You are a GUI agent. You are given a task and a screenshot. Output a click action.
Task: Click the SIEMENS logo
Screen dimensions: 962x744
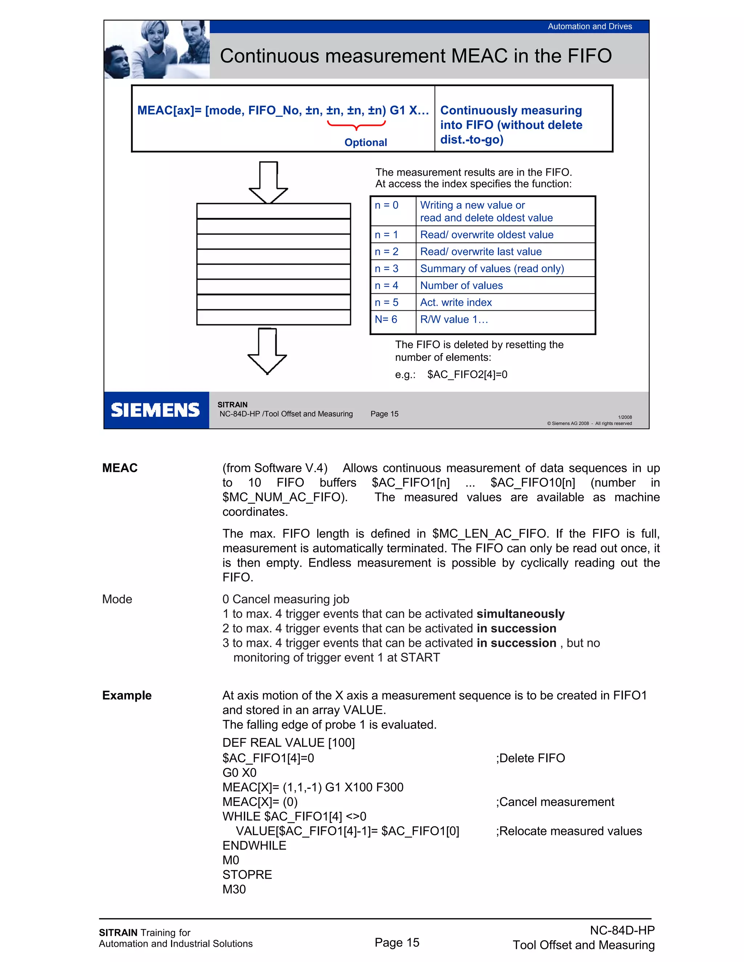click(155, 410)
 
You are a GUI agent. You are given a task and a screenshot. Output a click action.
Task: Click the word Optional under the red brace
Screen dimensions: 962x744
click(365, 142)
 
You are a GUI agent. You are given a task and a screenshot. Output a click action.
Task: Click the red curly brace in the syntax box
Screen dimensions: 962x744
click(356, 125)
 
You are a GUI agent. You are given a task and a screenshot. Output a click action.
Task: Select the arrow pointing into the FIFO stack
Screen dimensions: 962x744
click(268, 182)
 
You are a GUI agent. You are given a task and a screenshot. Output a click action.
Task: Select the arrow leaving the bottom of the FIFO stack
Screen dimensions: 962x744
click(267, 351)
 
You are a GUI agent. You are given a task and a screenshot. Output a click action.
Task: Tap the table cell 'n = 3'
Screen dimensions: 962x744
click(387, 268)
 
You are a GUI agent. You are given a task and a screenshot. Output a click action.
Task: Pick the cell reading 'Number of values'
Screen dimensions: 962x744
click(461, 285)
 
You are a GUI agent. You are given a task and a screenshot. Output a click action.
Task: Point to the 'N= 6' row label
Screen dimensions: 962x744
click(386, 319)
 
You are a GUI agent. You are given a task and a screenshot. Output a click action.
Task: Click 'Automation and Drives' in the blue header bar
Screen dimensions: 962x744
click(589, 27)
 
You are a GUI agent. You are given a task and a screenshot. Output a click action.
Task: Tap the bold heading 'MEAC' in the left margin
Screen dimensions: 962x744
click(120, 468)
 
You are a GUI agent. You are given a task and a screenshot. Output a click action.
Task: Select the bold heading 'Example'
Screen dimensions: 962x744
click(127, 695)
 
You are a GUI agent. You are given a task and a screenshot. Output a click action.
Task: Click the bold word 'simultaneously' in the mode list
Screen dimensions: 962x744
click(520, 614)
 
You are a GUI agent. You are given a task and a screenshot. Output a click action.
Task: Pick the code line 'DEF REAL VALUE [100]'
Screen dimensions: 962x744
click(288, 743)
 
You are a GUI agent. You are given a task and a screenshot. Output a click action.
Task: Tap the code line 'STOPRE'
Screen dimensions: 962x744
click(247, 875)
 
